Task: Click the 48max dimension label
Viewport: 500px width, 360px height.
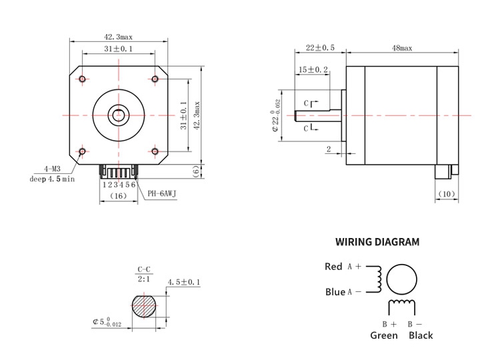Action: pos(402,48)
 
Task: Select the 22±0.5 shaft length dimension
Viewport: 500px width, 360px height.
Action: pos(320,48)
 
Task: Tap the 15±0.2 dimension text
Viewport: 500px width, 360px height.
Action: pos(313,69)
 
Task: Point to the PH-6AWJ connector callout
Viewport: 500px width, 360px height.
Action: pos(162,193)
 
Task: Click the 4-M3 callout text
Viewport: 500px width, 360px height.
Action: pos(52,169)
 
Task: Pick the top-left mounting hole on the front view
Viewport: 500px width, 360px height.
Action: pos(82,79)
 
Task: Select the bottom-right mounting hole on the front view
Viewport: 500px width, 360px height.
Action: pos(155,151)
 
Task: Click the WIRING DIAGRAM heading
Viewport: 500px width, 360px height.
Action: pos(377,242)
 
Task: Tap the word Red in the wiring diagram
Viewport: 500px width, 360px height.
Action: pos(333,267)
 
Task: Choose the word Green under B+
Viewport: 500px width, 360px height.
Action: pos(384,335)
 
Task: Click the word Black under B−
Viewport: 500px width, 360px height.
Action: pos(421,335)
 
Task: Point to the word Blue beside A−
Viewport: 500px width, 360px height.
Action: pos(335,292)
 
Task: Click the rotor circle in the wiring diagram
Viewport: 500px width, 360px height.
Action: pos(401,265)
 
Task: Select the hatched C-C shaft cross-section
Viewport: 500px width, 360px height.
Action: pos(145,306)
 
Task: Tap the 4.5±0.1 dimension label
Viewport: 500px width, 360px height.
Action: pos(184,282)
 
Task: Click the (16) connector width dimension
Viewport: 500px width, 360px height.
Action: pos(118,196)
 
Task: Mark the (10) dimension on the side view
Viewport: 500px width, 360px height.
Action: pos(447,194)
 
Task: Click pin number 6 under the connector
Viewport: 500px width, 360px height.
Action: pos(133,185)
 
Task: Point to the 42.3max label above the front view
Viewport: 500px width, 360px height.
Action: pos(118,37)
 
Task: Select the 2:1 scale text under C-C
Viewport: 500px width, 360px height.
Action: pos(144,279)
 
